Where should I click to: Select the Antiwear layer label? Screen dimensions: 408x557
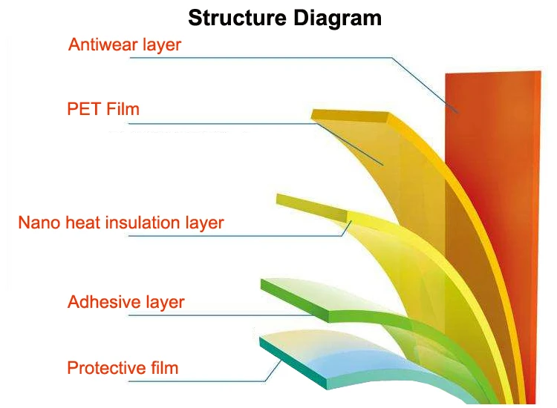tap(125, 45)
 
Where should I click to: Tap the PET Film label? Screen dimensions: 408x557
tap(103, 110)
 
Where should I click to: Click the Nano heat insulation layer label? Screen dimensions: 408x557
tap(121, 223)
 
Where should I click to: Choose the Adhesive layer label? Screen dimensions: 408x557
tap(126, 302)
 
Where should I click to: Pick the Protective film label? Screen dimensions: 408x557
tap(123, 367)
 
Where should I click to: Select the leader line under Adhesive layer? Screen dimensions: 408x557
tap(215, 315)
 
